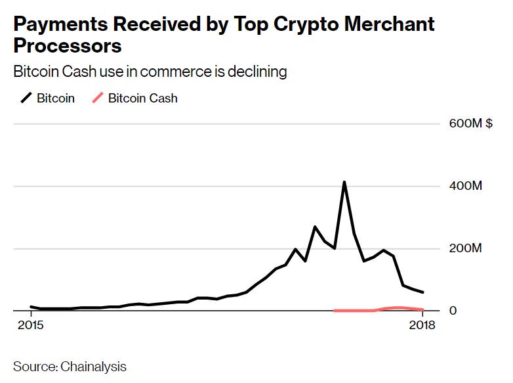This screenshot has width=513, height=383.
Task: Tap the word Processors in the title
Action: (x=68, y=47)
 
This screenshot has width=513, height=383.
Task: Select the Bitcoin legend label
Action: (x=56, y=99)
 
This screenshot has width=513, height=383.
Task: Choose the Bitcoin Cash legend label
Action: (x=142, y=99)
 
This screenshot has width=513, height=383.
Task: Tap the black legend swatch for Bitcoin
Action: (x=26, y=99)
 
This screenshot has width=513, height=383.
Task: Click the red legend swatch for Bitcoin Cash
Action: (x=97, y=99)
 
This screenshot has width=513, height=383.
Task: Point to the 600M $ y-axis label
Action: (x=470, y=124)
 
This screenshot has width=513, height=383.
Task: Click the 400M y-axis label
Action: (x=465, y=187)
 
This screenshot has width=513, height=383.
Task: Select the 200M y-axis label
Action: (x=465, y=249)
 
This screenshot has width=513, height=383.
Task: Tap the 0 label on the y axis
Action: (x=453, y=311)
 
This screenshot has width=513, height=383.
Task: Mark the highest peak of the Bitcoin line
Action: (x=344, y=183)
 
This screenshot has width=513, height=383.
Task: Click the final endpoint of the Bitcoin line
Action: (x=422, y=292)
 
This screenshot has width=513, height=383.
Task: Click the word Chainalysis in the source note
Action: (x=94, y=366)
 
